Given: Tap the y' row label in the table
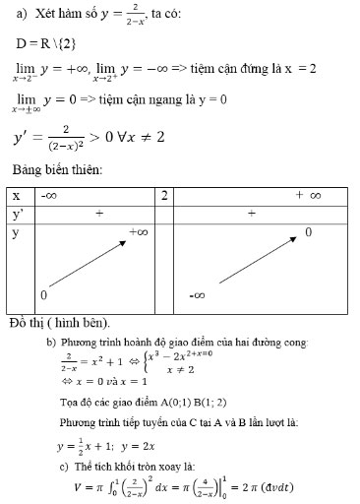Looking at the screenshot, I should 17,214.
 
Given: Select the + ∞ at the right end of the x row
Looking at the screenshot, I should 308,196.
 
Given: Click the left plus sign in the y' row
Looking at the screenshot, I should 98,214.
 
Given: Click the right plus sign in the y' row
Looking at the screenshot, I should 252,214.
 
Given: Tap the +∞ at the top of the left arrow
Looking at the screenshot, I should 138,232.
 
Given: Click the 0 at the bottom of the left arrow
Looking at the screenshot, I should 44,295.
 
